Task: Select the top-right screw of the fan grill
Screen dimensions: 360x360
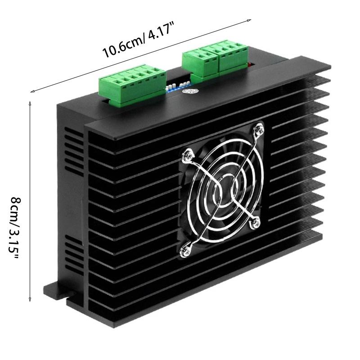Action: pyautogui.click(x=258, y=130)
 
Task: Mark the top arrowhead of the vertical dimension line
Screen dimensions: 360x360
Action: pyautogui.click(x=30, y=103)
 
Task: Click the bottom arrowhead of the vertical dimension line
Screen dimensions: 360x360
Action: pyautogui.click(x=30, y=300)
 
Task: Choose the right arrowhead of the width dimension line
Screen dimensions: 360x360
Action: pyautogui.click(x=249, y=20)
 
